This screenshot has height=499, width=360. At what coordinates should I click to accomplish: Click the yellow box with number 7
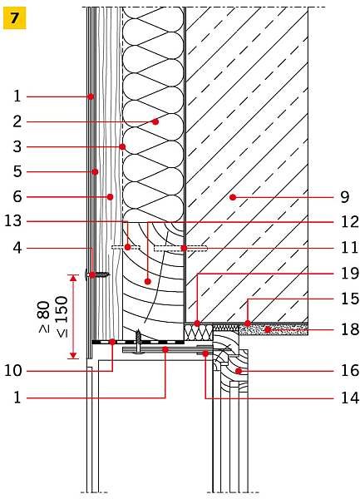15,18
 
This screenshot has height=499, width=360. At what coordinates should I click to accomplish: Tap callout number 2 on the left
17,121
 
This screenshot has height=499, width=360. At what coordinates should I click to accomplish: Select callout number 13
12,221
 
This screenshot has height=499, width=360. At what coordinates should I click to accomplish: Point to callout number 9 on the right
345,197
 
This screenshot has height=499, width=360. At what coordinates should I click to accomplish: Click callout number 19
350,273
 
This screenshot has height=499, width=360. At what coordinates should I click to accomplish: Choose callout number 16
350,370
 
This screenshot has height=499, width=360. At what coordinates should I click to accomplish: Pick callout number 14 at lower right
350,398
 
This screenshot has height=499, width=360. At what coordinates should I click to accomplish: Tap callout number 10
12,370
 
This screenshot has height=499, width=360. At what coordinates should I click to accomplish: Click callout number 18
350,329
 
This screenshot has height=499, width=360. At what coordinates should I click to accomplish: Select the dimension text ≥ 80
44,317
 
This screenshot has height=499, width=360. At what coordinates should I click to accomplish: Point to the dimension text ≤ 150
62,317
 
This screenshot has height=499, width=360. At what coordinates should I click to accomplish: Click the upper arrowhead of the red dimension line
74,279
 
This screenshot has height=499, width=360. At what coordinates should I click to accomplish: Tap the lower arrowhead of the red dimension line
74,355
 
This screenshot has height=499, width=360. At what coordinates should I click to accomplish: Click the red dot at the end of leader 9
233,197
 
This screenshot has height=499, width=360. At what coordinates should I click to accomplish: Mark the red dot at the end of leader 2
155,121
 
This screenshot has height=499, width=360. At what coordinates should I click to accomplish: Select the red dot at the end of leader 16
239,371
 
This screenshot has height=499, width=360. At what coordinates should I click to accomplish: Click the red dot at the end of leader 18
268,329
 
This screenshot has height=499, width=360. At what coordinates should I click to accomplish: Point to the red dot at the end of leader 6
110,197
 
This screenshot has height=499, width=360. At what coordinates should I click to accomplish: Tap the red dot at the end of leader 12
147,281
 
